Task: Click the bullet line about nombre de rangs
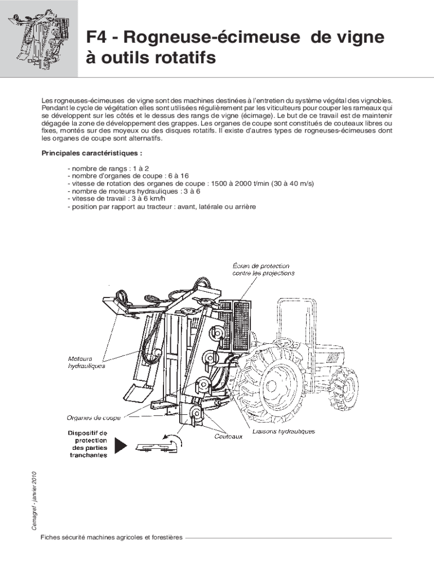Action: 108,168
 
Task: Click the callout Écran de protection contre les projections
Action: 263,269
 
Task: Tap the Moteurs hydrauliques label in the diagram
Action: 86,362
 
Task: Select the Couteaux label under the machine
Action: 228,436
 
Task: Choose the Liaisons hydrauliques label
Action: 284,431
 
